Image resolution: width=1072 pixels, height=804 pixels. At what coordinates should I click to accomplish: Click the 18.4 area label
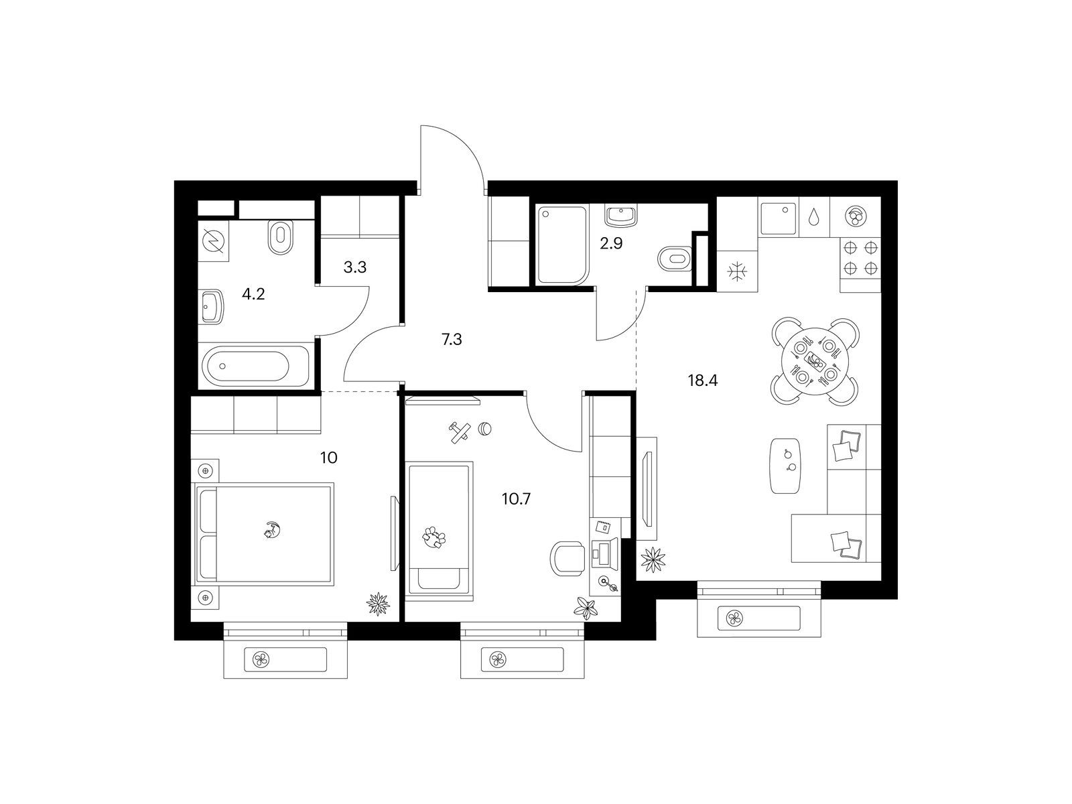click(x=703, y=381)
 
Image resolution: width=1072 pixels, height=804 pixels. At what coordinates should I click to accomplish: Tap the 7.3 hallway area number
click(x=452, y=339)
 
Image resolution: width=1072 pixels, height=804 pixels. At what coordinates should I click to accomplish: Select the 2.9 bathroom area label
click(x=611, y=243)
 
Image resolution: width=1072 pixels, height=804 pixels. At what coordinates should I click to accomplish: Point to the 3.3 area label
click(x=355, y=267)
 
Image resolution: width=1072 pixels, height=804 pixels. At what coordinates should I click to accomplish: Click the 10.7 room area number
click(x=516, y=499)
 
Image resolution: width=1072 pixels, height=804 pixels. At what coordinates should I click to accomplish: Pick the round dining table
click(x=815, y=362)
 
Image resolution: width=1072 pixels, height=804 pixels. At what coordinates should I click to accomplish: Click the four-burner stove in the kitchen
click(x=860, y=258)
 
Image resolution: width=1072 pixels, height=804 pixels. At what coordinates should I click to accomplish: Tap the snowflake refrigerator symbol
click(x=736, y=271)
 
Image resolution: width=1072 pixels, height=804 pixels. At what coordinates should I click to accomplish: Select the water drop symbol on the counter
click(x=813, y=218)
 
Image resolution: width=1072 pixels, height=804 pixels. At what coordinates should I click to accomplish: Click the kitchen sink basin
click(x=777, y=217)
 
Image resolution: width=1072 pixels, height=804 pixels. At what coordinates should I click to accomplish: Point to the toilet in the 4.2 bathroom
click(x=280, y=237)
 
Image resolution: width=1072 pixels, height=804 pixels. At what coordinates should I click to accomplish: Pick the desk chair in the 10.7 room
click(x=567, y=559)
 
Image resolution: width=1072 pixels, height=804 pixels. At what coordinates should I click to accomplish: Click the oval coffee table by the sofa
click(x=786, y=466)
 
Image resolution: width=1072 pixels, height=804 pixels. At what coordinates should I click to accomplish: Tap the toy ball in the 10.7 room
click(x=484, y=429)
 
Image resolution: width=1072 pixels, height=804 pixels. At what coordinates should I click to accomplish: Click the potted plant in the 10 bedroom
click(x=379, y=604)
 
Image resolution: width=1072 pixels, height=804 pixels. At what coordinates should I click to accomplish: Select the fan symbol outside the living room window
click(x=734, y=619)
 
